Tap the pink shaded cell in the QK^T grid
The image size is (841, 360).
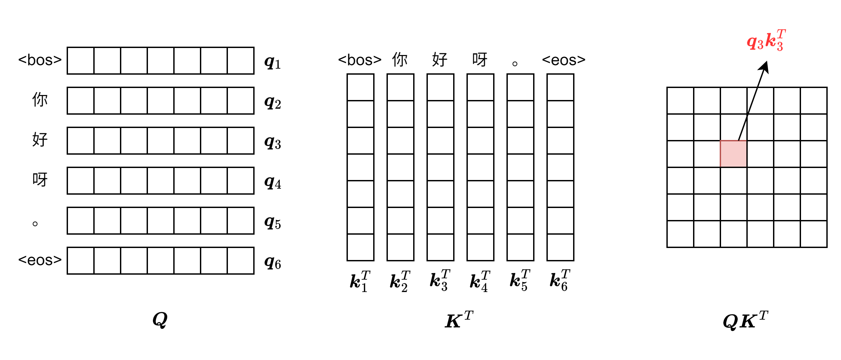[733, 154]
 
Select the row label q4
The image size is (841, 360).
[273, 182]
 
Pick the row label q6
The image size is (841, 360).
[273, 263]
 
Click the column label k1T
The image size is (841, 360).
[360, 281]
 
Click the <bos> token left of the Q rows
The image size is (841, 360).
[40, 60]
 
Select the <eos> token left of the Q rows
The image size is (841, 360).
[40, 260]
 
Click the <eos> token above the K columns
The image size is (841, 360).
[563, 60]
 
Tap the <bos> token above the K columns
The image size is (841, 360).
[360, 60]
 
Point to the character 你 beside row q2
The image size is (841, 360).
[40, 100]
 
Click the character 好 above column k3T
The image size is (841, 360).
[440, 60]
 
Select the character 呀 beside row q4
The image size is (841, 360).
[40, 180]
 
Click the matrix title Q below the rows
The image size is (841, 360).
[160, 320]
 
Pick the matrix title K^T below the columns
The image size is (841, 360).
[459, 320]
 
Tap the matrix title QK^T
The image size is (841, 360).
[745, 321]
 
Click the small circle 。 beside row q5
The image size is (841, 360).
[35, 224]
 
